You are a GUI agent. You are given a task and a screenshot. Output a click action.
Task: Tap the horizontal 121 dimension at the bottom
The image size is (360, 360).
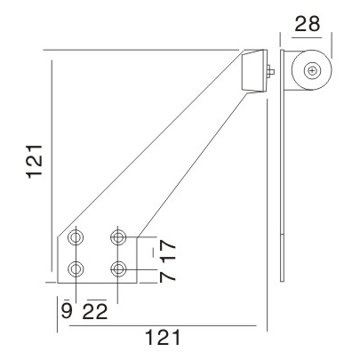point(162,338)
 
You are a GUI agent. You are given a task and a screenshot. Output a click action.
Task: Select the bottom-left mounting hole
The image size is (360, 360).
point(77,268)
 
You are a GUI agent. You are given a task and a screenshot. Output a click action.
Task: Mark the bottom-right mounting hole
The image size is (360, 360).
point(118,268)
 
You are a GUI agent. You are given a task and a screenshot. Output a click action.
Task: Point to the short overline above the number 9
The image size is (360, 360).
point(65,299)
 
